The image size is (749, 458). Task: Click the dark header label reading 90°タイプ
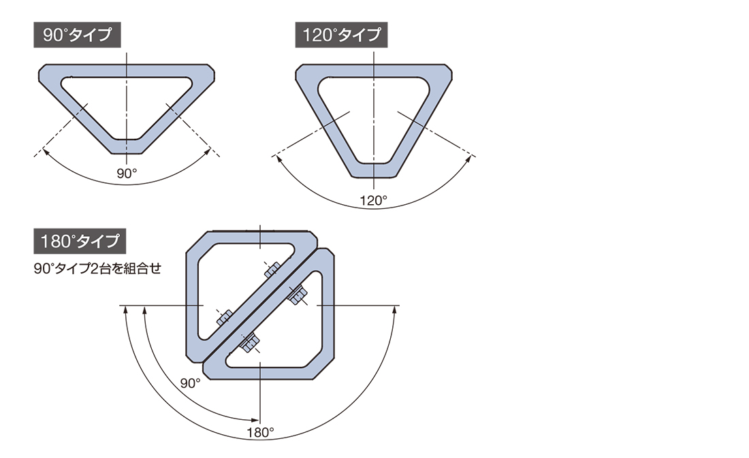point(77,35)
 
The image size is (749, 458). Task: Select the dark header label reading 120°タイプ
point(341,35)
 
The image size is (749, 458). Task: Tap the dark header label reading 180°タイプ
point(79,241)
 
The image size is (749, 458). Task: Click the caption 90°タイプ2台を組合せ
point(97,269)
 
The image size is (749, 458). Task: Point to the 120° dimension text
point(374,200)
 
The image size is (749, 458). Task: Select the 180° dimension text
point(260,433)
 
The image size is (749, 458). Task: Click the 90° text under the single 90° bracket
point(127,174)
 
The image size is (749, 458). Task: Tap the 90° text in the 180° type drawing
point(190,383)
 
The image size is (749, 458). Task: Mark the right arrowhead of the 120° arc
point(468,159)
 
